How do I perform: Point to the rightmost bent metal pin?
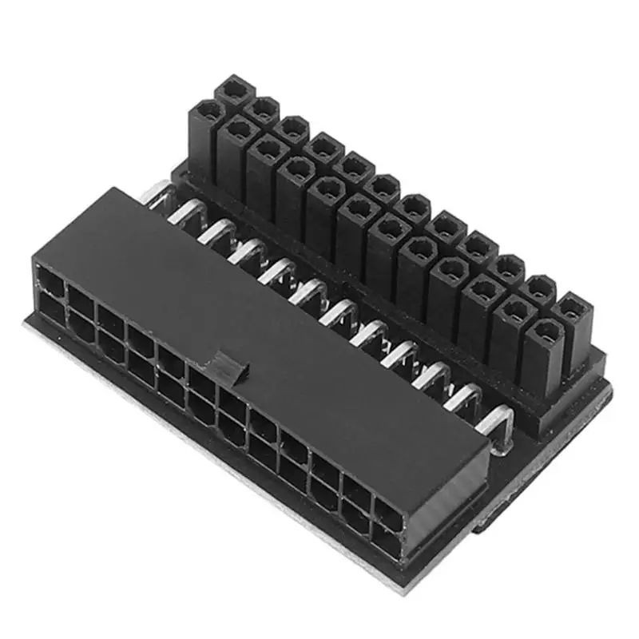click(499, 419)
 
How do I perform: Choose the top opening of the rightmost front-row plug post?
click(542, 329)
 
